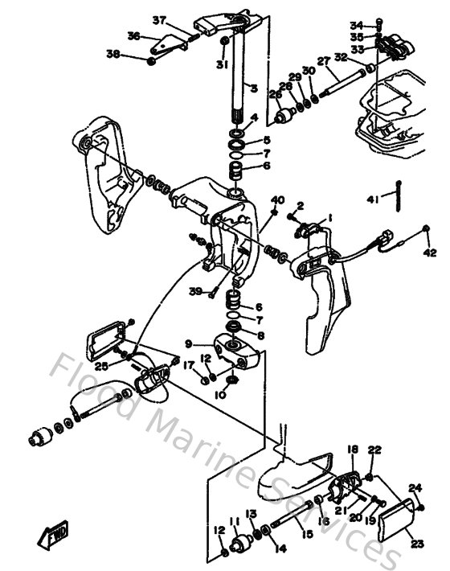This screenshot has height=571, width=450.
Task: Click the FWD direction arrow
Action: point(55,532)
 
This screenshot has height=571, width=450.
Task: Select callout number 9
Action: point(189,343)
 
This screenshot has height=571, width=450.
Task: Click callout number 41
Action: point(372,199)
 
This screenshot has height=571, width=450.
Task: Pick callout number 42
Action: point(431,253)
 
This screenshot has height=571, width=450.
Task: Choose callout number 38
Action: point(113,55)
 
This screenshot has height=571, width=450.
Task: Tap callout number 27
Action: point(323,61)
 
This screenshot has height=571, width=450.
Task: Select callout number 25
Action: point(101,366)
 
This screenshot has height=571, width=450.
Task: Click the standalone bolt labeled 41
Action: point(398,199)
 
